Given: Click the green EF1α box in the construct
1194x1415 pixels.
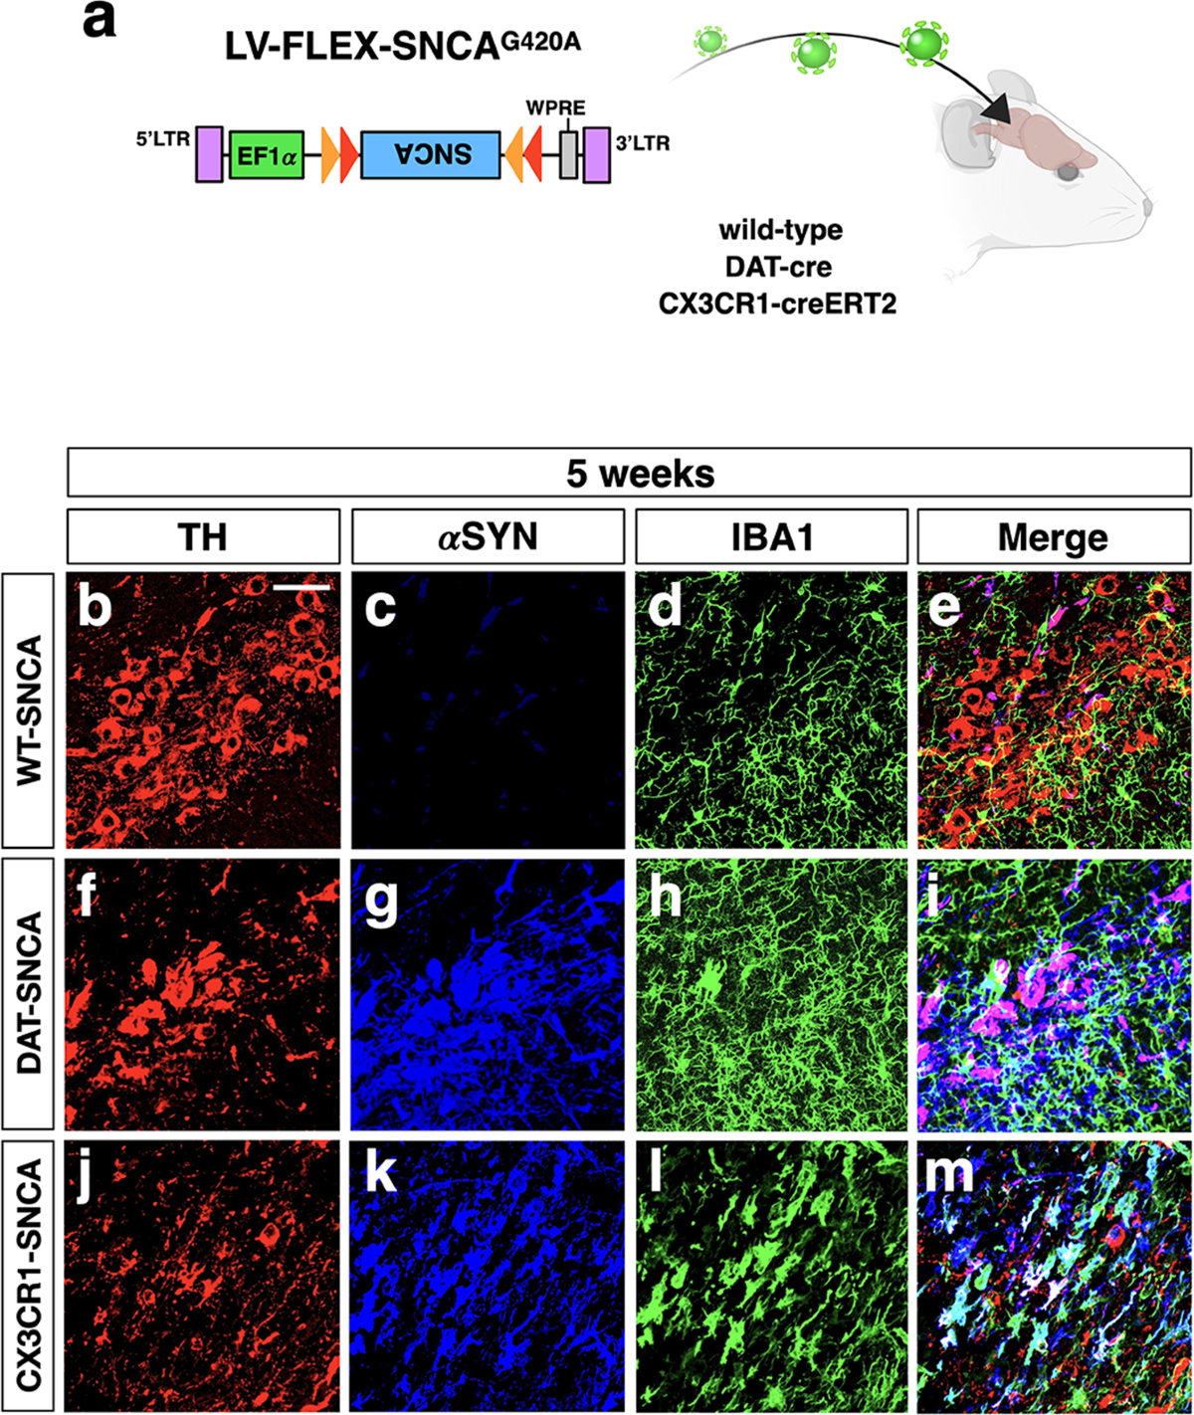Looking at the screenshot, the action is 267,155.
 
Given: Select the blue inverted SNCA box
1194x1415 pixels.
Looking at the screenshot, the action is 430,155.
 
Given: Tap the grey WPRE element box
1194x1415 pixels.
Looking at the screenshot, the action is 568,155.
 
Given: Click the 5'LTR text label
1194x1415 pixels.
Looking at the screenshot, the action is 163,139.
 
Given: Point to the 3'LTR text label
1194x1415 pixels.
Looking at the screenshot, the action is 643,143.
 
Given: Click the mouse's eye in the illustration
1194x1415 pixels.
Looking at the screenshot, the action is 1070,173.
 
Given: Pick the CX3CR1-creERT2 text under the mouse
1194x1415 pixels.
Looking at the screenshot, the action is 777,303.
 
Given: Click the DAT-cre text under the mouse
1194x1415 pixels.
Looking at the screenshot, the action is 779,267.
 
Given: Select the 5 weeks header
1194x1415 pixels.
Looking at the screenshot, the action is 641,473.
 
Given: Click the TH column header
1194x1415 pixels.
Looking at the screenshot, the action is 203,536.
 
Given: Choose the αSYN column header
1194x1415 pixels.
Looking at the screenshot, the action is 488,536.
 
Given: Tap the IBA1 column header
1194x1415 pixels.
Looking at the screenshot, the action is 771,536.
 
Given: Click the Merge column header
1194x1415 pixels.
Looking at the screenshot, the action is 1054,538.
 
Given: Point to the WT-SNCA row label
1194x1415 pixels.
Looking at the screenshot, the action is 29,710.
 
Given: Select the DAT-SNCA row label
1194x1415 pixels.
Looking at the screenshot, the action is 29,992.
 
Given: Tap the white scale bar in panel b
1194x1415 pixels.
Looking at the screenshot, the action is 300,587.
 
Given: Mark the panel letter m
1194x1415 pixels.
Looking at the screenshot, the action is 948,1176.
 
